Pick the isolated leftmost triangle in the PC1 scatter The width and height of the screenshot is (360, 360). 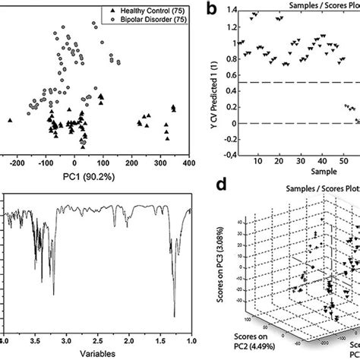[x=11, y=120]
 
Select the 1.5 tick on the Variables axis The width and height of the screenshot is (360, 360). [x=161, y=340]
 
